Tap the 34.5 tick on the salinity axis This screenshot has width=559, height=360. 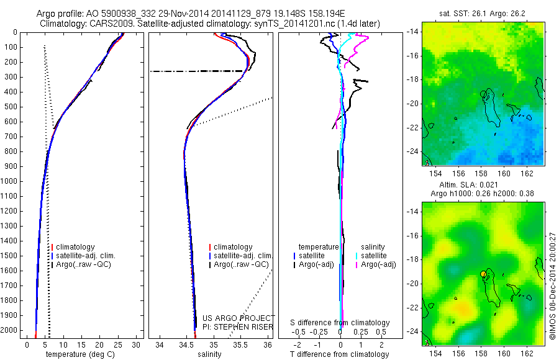point(186,344)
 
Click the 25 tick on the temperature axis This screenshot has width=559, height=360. point(118,344)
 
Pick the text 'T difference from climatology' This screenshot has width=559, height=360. point(340,354)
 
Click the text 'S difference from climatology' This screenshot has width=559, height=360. point(340,323)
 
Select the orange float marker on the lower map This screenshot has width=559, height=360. point(483,274)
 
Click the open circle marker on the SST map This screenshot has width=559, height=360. point(483,94)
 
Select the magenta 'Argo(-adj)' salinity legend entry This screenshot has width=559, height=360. point(378,264)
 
